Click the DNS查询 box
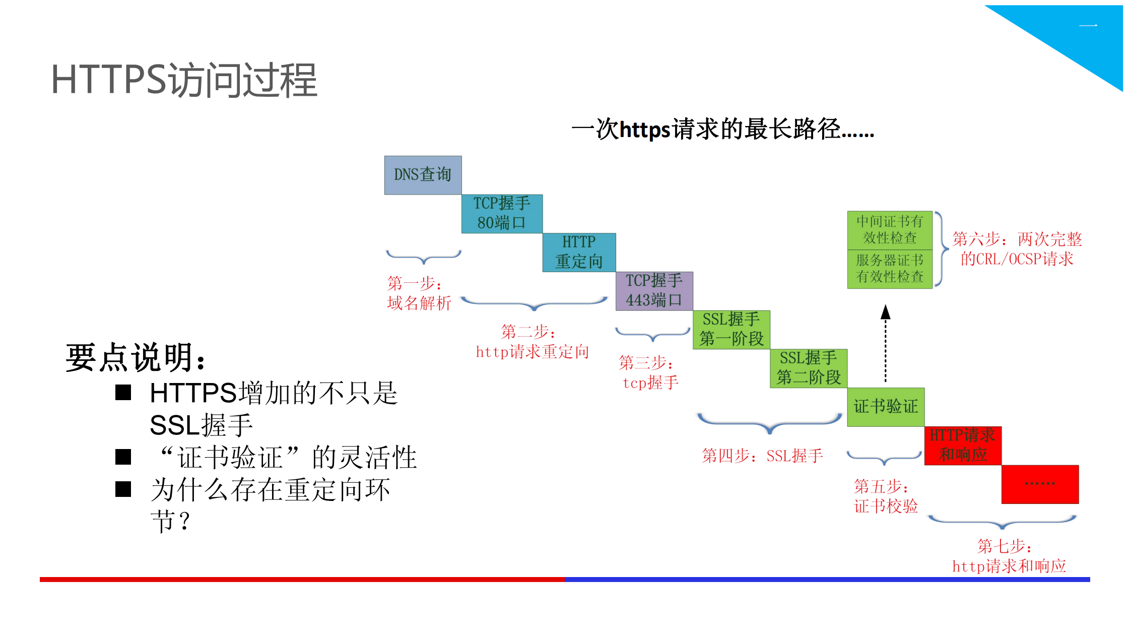423,175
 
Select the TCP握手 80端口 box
502,214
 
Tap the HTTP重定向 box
579,252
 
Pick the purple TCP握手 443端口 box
654,291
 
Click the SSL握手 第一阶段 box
731,330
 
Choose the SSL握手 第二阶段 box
809,368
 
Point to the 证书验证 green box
886,407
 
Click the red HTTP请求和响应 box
963,446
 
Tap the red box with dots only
1040,484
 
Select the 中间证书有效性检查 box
890,230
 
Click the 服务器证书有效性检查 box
890,269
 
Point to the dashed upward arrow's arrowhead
885,312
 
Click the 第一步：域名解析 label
418,293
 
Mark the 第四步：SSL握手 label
762,456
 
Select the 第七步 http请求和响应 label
1009,556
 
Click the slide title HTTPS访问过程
184,80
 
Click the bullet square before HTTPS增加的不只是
123,393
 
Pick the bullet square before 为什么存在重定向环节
123,489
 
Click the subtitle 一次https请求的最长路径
722,129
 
